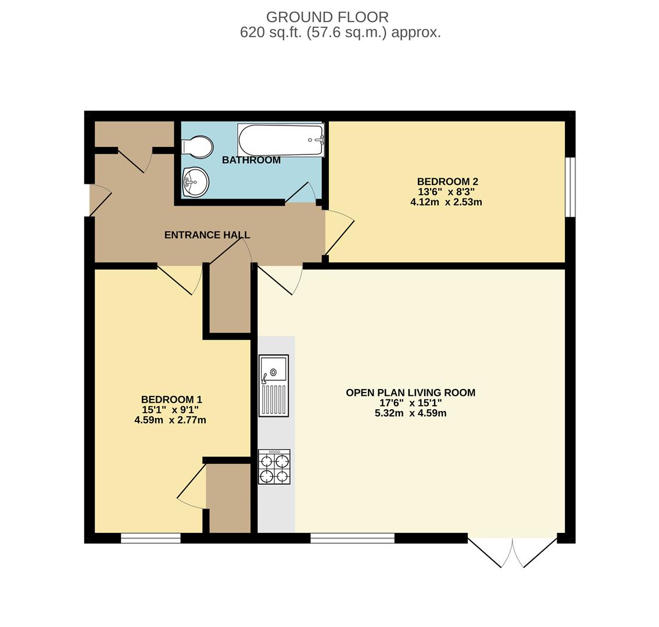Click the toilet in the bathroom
click(198, 147)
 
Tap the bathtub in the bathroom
click(281, 140)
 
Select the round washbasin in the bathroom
click(195, 182)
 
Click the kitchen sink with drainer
click(274, 385)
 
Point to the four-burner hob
click(274, 467)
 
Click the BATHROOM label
click(251, 160)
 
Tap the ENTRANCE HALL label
click(207, 235)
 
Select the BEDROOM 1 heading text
click(171, 399)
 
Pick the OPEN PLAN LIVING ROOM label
click(410, 392)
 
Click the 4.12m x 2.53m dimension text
click(446, 202)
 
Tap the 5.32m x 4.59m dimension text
click(410, 413)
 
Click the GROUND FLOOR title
click(327, 17)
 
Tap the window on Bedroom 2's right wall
click(570, 187)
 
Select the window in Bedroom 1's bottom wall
click(151, 538)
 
